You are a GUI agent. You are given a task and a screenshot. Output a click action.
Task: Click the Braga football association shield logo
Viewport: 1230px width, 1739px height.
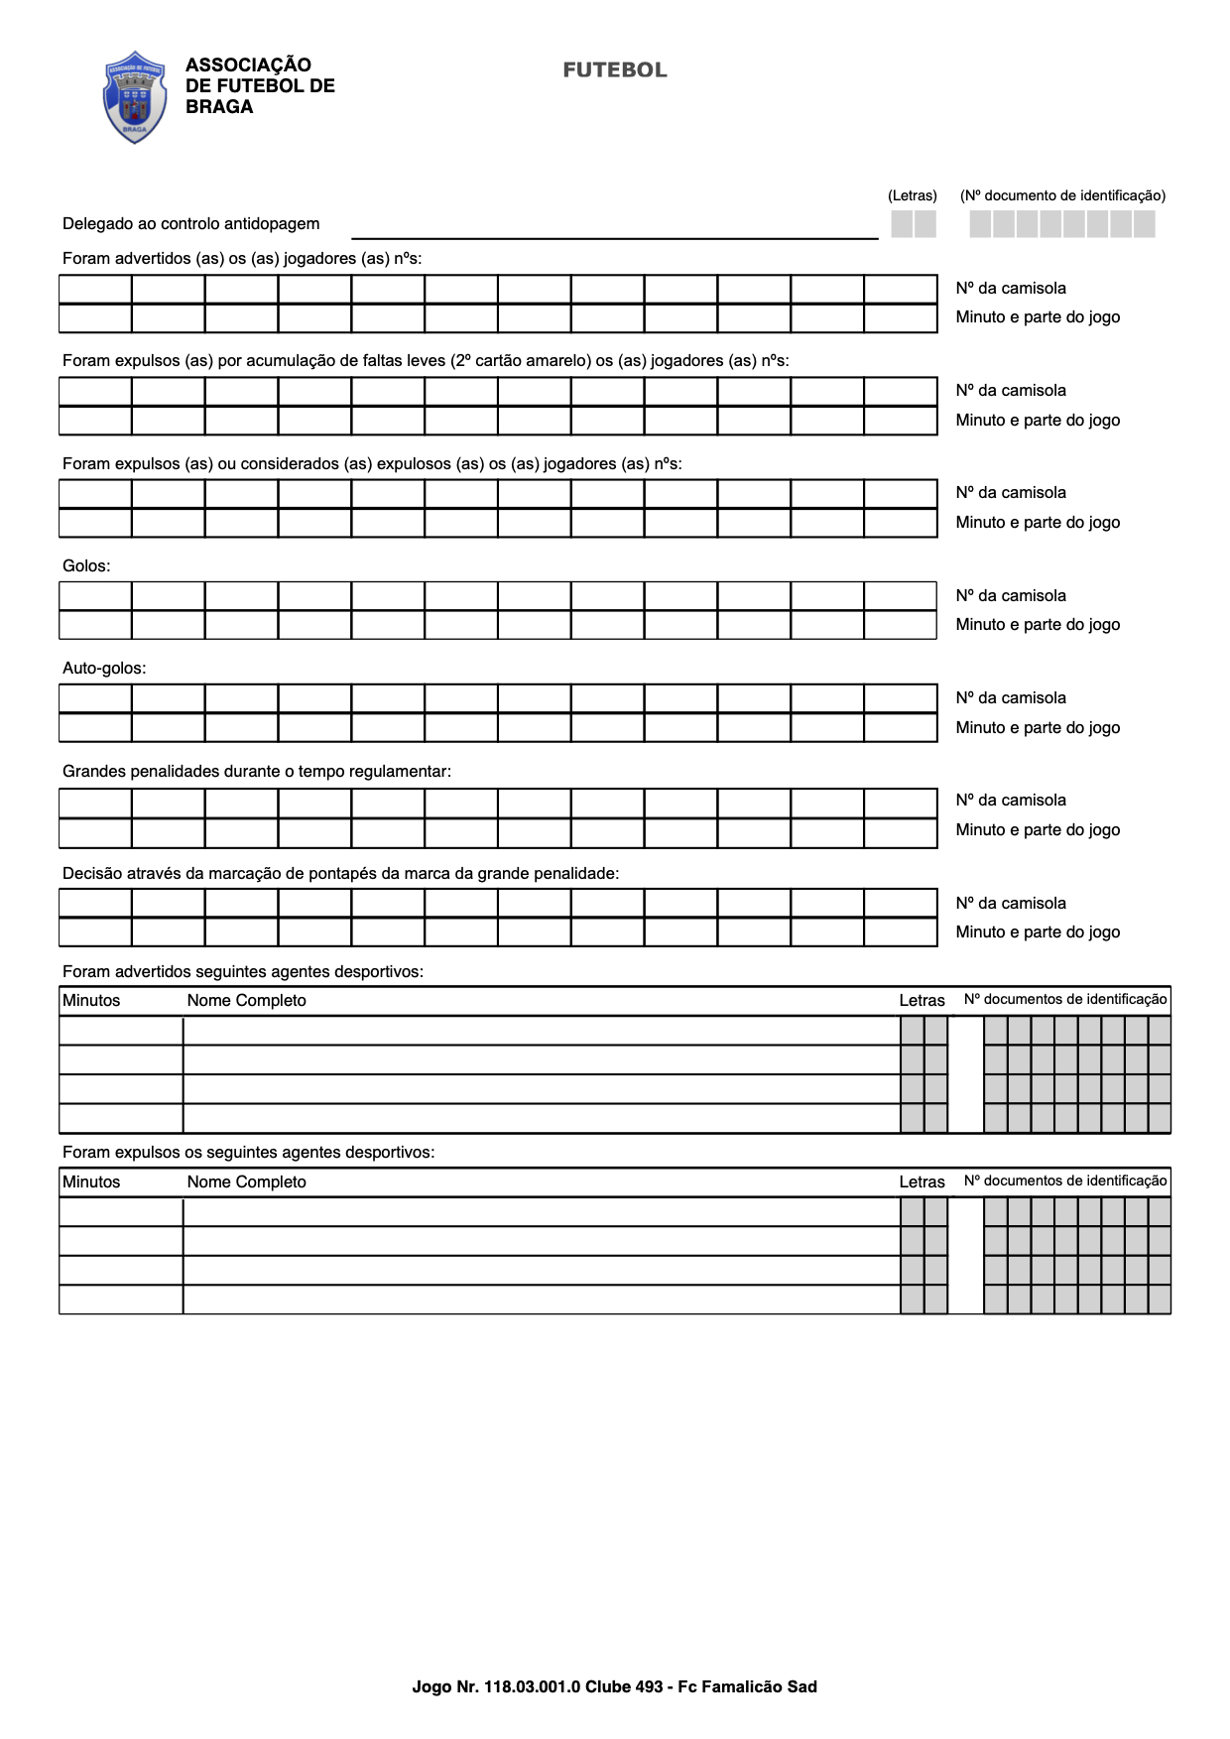[135, 97]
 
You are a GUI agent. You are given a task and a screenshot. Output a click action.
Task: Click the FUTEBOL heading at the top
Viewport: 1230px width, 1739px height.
[615, 70]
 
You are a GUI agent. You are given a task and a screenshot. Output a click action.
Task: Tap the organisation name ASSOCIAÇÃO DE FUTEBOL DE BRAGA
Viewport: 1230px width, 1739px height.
[260, 86]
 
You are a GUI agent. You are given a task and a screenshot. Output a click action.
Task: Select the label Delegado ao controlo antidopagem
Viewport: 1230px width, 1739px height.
[190, 224]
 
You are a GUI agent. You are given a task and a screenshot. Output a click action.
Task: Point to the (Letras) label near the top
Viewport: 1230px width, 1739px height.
[912, 195]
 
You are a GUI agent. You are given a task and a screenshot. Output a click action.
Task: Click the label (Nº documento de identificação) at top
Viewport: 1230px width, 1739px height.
[1062, 195]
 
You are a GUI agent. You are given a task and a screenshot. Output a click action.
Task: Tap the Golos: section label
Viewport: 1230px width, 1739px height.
[86, 566]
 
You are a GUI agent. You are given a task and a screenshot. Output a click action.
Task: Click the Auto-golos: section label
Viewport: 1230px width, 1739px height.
[104, 669]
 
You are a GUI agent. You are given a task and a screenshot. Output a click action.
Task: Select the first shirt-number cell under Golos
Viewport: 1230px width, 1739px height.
[95, 596]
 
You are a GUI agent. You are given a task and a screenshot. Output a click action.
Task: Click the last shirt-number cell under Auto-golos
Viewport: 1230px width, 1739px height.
[901, 698]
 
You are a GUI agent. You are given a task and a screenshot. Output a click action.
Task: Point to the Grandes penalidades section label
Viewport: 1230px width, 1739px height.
[257, 771]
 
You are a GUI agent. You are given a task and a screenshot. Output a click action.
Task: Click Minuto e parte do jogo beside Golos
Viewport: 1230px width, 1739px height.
[1038, 625]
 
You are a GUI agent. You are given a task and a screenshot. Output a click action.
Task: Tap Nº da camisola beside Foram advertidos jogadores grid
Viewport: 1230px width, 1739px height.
[1011, 289]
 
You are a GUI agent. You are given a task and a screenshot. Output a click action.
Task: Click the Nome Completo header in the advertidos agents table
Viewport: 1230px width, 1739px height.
[246, 1001]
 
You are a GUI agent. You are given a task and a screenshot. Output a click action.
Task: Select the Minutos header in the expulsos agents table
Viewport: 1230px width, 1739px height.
[91, 1182]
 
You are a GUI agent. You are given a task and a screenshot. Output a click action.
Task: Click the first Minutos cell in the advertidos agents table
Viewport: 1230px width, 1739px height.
[121, 1031]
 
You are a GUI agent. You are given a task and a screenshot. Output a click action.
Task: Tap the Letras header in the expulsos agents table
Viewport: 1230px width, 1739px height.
[922, 1182]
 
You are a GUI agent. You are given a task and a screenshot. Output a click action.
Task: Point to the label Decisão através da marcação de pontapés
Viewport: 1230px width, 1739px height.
[340, 874]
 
